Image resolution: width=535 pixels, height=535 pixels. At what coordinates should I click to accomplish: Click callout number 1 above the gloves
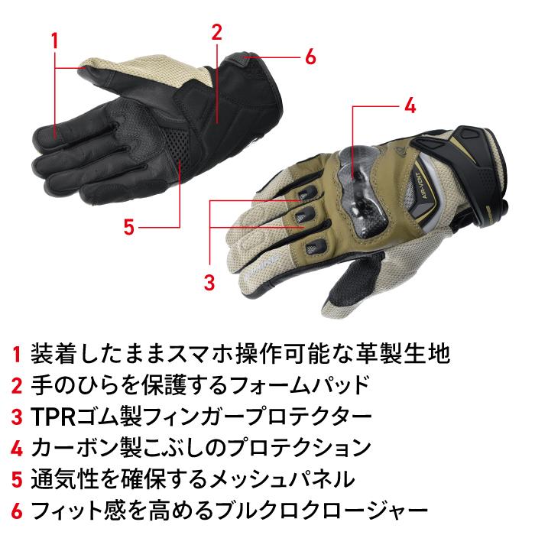pos(54,39)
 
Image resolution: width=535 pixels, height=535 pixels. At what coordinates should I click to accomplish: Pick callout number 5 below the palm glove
pos(129,226)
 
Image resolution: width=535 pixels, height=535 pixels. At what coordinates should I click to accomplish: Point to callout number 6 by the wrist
pos(310,57)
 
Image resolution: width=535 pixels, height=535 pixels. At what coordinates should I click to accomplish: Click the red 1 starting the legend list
pos(17,355)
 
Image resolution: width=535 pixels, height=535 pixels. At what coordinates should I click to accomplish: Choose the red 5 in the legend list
pos(17,480)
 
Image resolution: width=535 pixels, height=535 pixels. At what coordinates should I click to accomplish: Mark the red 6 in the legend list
pos(17,511)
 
